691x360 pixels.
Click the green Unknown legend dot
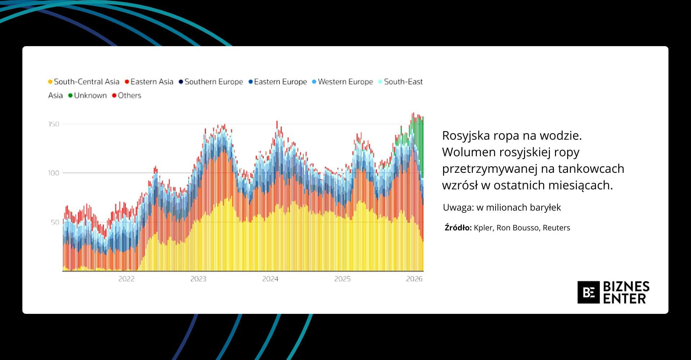point(71,95)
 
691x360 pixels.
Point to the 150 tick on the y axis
point(54,124)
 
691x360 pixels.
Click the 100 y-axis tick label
point(54,173)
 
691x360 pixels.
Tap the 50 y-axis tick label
point(55,222)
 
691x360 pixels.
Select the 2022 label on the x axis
point(126,279)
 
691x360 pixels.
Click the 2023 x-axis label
point(198,279)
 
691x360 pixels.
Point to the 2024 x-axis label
point(270,279)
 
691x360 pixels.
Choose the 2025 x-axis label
point(342,279)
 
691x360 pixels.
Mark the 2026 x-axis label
point(414,279)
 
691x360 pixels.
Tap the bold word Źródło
point(458,228)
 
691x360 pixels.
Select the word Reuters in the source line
point(556,228)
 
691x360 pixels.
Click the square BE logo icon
point(588,292)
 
